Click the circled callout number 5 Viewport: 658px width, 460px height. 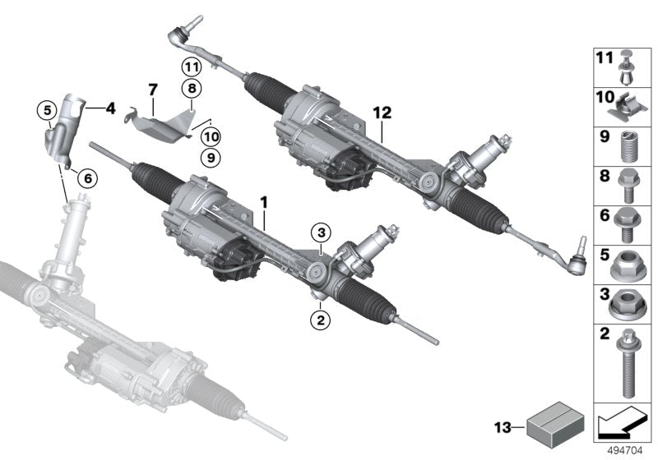[49, 108]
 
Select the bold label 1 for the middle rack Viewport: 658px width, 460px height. [264, 200]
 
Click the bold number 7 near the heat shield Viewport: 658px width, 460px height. [152, 87]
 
